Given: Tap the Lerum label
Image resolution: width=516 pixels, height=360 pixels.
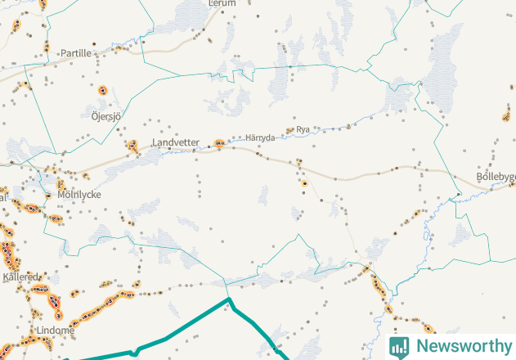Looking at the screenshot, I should click(x=222, y=4).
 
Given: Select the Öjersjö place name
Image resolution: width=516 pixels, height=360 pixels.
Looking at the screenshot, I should click(x=105, y=116).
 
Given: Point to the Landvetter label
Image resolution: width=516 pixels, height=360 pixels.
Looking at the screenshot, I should click(x=175, y=142).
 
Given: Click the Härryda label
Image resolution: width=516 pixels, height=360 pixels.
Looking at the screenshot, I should click(x=260, y=137).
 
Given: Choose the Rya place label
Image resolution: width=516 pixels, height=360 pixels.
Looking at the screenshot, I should click(x=303, y=129).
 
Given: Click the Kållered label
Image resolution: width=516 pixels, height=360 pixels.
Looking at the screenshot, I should click(x=20, y=277).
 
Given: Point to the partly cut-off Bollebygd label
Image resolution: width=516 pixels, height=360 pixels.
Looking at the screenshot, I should click(x=496, y=177).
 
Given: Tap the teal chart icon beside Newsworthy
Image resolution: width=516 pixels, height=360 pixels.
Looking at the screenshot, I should click(x=399, y=346).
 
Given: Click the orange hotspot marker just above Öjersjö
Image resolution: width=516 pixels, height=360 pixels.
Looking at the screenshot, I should click(x=103, y=91).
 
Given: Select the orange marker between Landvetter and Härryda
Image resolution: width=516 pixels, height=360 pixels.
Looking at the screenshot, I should click(x=220, y=143).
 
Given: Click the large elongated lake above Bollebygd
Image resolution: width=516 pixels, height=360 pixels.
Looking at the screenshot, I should click(x=444, y=61).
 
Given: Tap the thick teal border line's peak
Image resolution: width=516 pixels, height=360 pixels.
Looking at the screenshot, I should click(x=229, y=301).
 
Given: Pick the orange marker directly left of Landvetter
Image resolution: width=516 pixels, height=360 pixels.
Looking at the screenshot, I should click(x=132, y=146).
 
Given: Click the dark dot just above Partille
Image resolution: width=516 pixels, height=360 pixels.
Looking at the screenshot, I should click(x=93, y=43).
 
